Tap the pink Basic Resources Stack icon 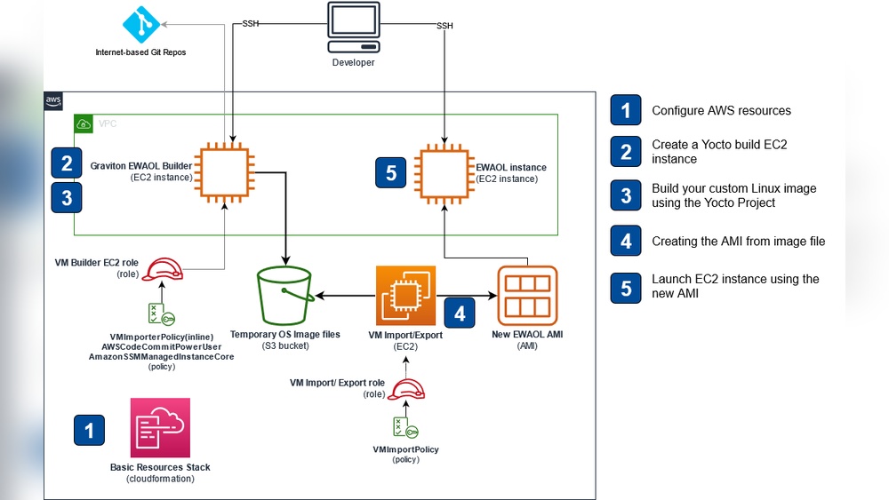[x=160, y=427]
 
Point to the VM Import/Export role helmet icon [x=405, y=390]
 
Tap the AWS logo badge [x=53, y=102]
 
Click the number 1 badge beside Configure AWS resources [x=626, y=110]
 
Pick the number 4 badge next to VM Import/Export [x=460, y=313]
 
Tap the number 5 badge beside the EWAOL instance [x=391, y=172]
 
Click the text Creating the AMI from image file [x=738, y=241]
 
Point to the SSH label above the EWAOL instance [x=444, y=26]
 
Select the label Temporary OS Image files [x=284, y=334]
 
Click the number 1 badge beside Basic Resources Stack [x=89, y=431]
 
